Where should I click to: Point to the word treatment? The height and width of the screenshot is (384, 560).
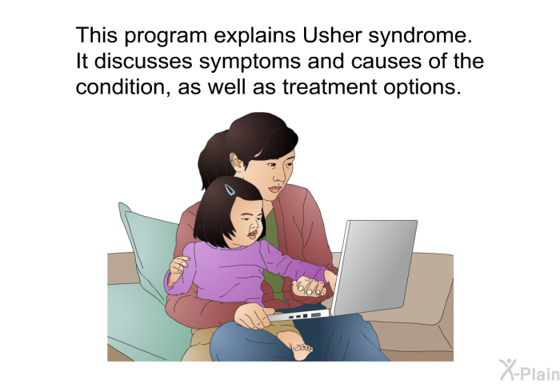330,87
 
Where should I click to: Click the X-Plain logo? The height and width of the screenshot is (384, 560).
530,370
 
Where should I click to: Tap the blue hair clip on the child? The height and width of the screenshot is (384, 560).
230,190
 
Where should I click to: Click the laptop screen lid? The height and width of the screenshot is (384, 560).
374,267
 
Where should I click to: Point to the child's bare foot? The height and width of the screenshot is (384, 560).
295,345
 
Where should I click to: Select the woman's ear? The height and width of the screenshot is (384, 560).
237,162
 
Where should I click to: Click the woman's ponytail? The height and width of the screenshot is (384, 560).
212,161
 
